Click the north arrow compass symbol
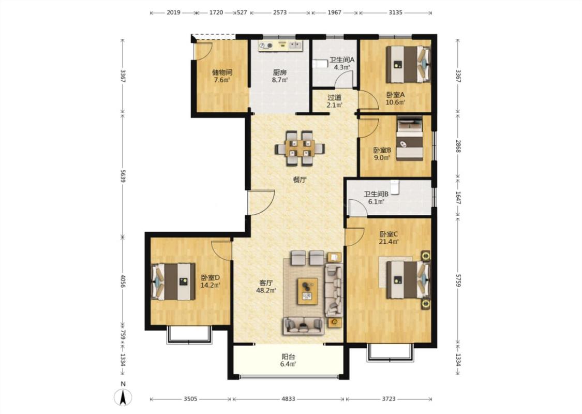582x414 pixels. pyautogui.click(x=123, y=397)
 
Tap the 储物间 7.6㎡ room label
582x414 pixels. pyautogui.click(x=221, y=76)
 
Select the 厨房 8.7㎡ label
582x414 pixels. pyautogui.click(x=280, y=76)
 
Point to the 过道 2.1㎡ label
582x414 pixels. pyautogui.click(x=334, y=101)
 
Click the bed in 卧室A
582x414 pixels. pyautogui.click(x=408, y=64)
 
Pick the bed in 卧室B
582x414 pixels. pyautogui.click(x=410, y=139)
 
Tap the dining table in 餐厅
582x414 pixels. pyautogui.click(x=300, y=148)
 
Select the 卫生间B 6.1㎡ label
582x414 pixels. pyautogui.click(x=376, y=198)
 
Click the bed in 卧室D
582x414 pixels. pyautogui.click(x=173, y=282)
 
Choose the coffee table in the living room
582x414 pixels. pyautogui.click(x=308, y=291)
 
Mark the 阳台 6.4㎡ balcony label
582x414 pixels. pyautogui.click(x=288, y=360)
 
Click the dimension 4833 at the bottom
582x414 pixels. pyautogui.click(x=288, y=399)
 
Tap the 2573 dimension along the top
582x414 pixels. pyautogui.click(x=280, y=12)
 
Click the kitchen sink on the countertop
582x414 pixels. pyautogui.click(x=296, y=45)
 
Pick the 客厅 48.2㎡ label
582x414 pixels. pyautogui.click(x=266, y=286)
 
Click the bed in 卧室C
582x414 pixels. pyautogui.click(x=408, y=279)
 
